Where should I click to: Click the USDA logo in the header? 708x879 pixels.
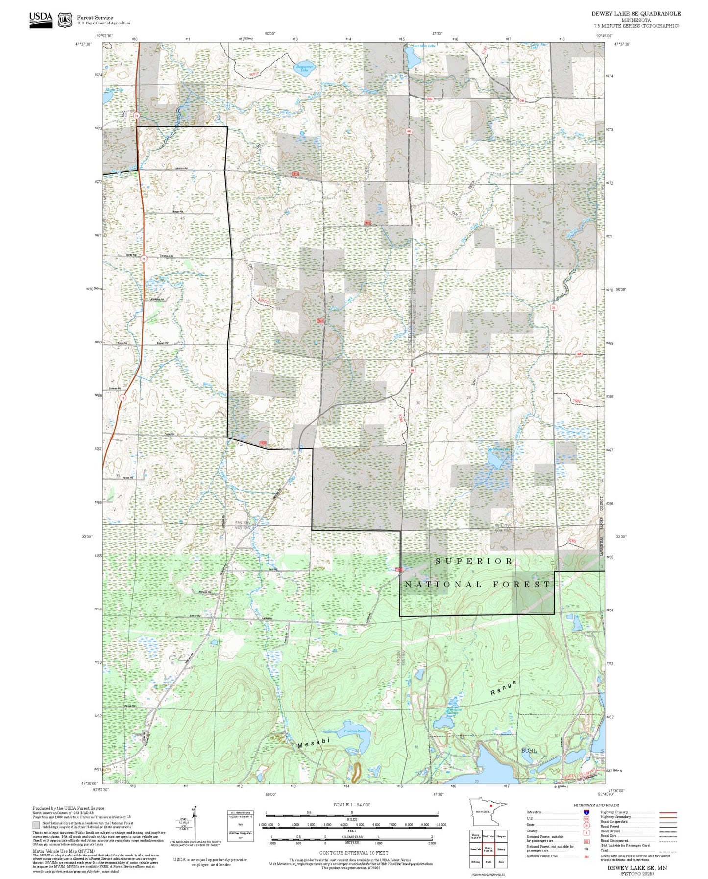point(41,20)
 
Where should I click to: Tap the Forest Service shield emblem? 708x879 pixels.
point(65,20)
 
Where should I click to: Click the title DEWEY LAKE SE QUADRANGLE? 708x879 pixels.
point(636,14)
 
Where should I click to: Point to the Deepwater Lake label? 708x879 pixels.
point(304,69)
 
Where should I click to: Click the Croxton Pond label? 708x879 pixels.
point(354,731)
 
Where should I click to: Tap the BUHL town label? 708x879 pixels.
point(529,750)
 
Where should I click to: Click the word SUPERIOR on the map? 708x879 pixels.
point(474,561)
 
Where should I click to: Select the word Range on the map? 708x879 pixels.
point(504,688)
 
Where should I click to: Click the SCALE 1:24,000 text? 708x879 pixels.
point(352,805)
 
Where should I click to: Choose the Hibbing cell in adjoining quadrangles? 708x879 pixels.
point(475,861)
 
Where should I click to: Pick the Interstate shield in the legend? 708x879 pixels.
point(586,812)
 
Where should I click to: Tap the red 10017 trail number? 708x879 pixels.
point(253,74)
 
